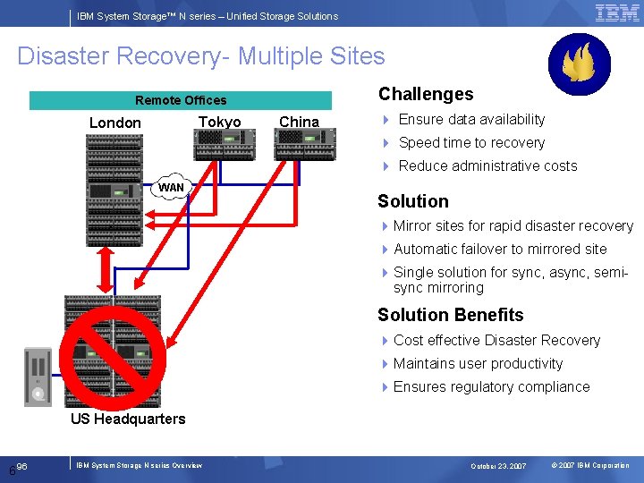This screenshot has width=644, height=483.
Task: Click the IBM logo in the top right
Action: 617,13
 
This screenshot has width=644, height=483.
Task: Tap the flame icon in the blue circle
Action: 579,64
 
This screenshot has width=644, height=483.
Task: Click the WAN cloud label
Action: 171,187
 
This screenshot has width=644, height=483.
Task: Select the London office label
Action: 115,123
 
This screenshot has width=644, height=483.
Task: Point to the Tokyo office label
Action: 219,122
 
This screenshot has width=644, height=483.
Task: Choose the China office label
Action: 299,122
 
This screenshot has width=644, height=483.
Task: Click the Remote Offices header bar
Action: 181,100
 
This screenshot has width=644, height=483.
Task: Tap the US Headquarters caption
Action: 128,419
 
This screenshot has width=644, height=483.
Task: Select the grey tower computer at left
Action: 38,376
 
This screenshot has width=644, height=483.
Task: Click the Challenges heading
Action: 426,94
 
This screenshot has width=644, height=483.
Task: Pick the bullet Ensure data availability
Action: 470,119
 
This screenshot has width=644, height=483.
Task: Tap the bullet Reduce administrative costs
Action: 487,165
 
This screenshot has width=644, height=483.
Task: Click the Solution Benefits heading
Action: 451,315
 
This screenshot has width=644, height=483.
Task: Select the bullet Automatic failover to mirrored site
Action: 499,249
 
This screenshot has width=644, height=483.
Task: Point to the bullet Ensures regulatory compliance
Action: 491,386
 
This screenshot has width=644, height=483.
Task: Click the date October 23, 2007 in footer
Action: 498,466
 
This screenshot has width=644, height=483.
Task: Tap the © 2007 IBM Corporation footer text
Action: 590,466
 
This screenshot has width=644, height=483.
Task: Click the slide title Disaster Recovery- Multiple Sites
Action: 201,56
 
